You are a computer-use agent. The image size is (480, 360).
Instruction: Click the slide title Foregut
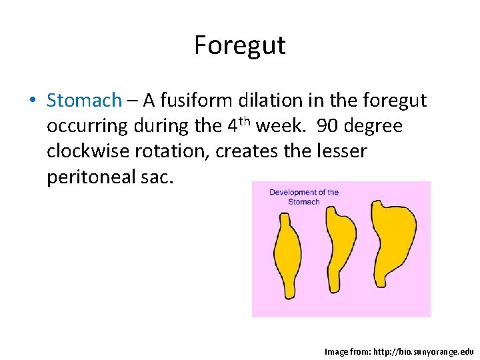[239, 45]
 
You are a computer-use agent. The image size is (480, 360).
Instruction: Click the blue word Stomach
[84, 101]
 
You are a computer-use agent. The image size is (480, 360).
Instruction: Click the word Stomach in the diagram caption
[304, 201]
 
